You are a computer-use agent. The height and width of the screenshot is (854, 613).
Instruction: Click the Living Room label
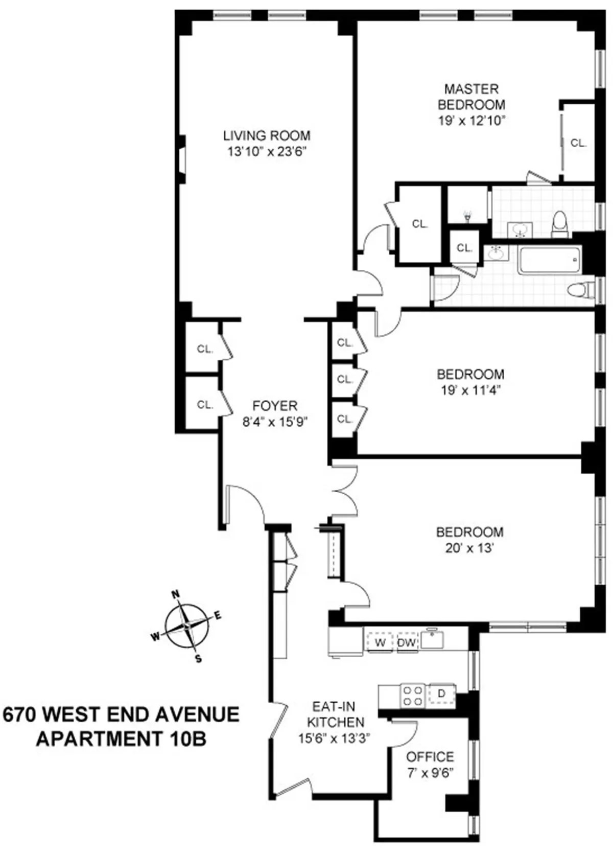(267, 135)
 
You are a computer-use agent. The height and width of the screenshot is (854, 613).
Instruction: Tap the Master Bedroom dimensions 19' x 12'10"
(471, 121)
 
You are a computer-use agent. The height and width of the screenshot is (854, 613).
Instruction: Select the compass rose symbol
(187, 625)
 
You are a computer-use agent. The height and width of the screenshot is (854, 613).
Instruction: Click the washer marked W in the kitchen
(380, 642)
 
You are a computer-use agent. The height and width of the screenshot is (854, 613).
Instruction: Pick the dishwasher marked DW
(407, 642)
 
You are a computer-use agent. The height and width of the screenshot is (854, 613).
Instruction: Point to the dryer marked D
(442, 694)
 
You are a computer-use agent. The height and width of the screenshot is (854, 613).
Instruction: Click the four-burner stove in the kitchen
(413, 695)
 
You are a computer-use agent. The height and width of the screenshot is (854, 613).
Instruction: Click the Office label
(430, 756)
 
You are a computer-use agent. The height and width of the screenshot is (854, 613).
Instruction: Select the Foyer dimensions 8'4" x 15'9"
(275, 422)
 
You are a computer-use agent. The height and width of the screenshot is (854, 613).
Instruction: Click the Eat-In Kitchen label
(335, 714)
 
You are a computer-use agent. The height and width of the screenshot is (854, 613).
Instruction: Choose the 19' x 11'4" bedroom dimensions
(470, 390)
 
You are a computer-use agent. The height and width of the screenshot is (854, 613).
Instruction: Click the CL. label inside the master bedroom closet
(578, 143)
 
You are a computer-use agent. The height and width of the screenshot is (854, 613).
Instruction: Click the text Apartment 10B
(121, 738)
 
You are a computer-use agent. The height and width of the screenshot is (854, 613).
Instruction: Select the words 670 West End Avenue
(121, 714)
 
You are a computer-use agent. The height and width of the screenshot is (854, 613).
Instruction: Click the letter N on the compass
(176, 594)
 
